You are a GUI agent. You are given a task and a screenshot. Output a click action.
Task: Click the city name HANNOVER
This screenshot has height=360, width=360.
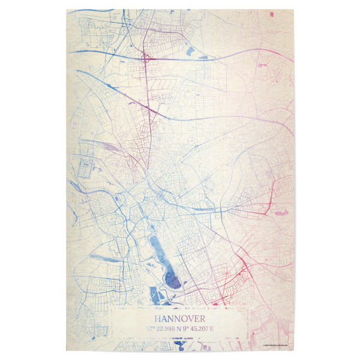(179, 319)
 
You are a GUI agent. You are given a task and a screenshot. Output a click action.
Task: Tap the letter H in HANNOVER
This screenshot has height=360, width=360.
(158, 319)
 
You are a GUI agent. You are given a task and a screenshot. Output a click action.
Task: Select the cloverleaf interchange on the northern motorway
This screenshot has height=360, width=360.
(145, 59)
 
